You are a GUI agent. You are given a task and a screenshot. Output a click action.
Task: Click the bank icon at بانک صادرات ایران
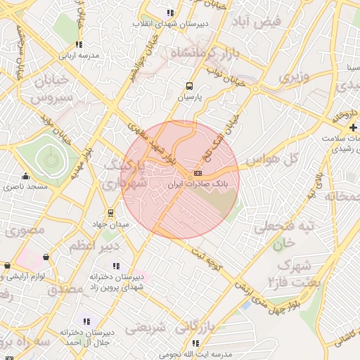(198, 173)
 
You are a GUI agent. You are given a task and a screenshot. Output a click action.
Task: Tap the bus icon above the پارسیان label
(188, 86)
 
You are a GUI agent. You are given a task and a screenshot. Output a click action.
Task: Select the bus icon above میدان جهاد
(110, 213)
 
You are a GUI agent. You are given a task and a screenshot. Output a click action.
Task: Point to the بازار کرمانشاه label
(204, 53)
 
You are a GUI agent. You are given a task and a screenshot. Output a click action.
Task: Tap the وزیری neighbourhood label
(294, 77)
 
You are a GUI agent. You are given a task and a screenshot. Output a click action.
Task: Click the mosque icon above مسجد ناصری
(26, 176)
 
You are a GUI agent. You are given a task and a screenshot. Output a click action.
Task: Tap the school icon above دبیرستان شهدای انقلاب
(170, 13)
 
